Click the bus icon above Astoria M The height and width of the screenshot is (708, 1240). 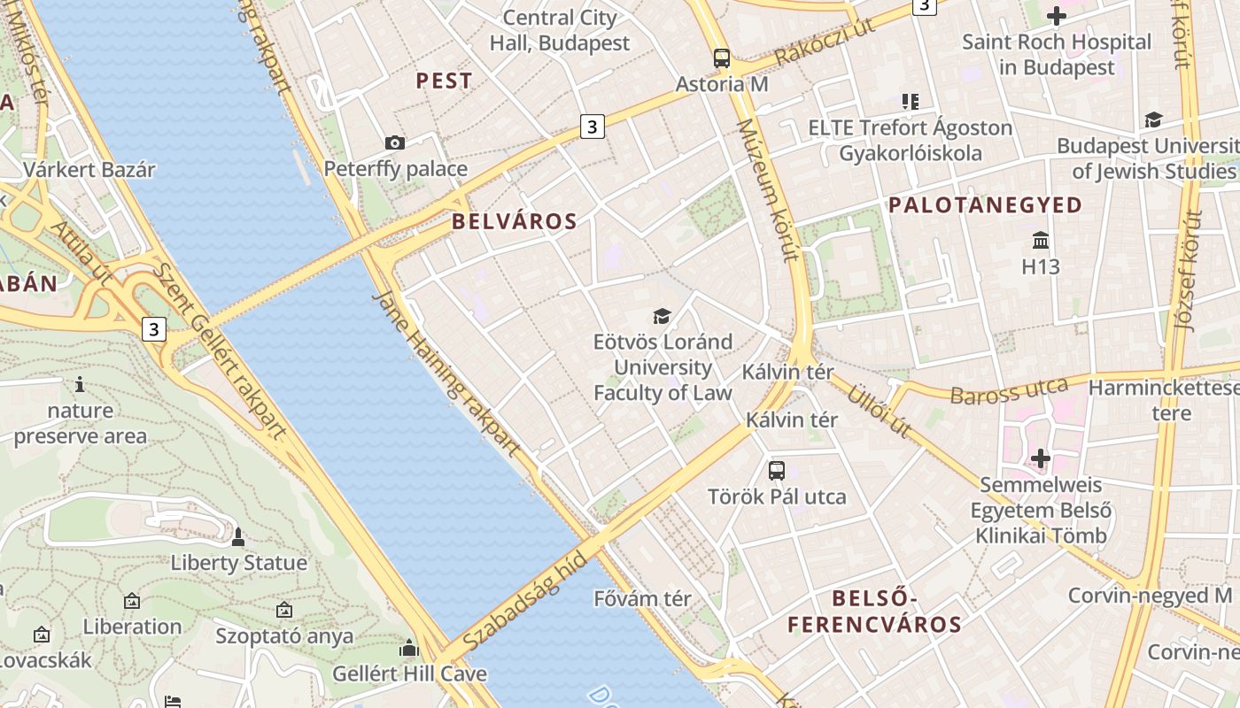pyautogui.click(x=722, y=58)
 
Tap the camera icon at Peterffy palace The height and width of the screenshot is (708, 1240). pyautogui.click(x=395, y=142)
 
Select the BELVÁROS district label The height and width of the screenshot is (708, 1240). pyautogui.click(x=515, y=221)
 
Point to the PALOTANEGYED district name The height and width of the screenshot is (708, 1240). pyautogui.click(x=985, y=205)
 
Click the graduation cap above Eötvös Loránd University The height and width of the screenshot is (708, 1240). pyautogui.click(x=662, y=316)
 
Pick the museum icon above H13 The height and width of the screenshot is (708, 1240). pyautogui.click(x=1041, y=240)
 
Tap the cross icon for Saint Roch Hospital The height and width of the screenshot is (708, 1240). pyautogui.click(x=1056, y=16)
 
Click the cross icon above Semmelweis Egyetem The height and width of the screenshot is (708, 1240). pyautogui.click(x=1041, y=458)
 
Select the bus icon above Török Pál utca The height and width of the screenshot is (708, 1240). pyautogui.click(x=777, y=471)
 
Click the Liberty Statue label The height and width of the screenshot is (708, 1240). pyautogui.click(x=239, y=563)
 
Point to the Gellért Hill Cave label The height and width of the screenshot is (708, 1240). pyautogui.click(x=409, y=673)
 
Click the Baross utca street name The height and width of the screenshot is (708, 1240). pyautogui.click(x=1009, y=390)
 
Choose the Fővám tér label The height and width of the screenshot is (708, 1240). pyautogui.click(x=642, y=598)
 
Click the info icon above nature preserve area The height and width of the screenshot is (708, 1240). pyautogui.click(x=80, y=384)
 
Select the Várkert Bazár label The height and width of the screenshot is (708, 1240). pyautogui.click(x=89, y=170)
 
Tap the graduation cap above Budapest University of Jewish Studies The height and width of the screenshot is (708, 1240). pyautogui.click(x=1153, y=119)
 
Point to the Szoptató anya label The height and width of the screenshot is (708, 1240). pyautogui.click(x=284, y=635)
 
